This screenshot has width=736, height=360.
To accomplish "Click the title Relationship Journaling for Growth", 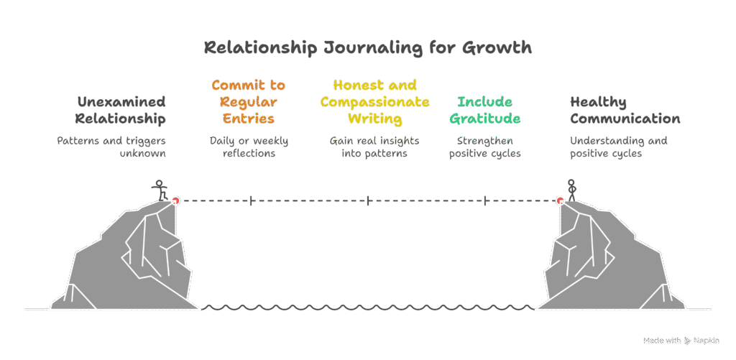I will click(x=367, y=48).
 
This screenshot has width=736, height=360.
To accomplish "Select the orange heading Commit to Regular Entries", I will click(x=248, y=101).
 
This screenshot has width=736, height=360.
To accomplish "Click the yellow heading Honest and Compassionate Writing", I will click(x=374, y=101).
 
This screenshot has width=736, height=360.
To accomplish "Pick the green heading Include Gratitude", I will click(x=489, y=110).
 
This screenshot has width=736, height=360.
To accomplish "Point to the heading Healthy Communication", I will click(x=625, y=110).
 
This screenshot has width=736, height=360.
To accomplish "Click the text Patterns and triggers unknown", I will click(x=111, y=147).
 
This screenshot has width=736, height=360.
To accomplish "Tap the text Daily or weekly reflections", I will click(x=248, y=147).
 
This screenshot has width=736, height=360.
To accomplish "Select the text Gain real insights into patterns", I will click(x=374, y=147).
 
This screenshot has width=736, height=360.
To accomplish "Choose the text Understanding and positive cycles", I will click(x=618, y=147).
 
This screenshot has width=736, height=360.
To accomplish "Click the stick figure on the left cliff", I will click(x=160, y=190).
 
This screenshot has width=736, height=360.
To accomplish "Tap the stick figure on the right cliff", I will click(x=572, y=190).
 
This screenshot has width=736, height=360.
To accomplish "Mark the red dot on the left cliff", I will click(x=175, y=200).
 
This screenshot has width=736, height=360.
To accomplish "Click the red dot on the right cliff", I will click(x=560, y=200).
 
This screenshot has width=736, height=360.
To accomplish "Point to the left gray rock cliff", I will click(x=133, y=259).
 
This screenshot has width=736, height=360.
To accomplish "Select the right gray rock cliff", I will click(x=604, y=259).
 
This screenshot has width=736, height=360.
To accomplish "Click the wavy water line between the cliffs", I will click(x=367, y=308).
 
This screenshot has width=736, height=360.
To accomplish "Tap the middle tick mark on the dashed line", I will click(x=368, y=201).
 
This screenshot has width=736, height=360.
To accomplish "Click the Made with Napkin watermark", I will click(x=681, y=340).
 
